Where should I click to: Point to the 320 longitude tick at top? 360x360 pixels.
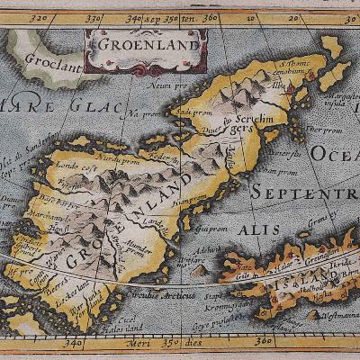[x=39, y=17]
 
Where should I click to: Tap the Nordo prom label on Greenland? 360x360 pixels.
[x=121, y=160]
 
